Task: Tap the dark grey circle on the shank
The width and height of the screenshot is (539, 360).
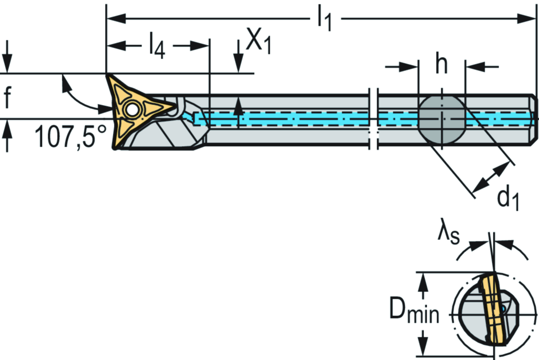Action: (442, 120)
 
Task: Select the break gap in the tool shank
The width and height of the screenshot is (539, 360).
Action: (374, 118)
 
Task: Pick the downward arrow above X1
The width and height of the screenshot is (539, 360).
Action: (238, 63)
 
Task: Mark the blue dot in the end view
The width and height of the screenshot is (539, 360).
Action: (504, 308)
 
